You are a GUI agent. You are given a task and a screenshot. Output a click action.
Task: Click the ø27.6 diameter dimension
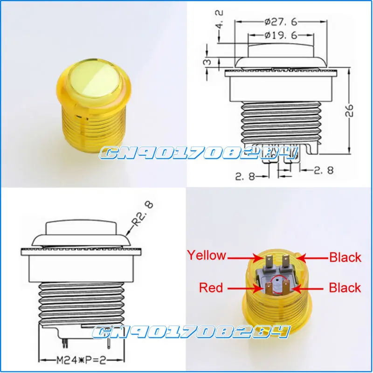click(281, 22)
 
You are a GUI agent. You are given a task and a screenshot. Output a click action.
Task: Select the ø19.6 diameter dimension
click(281, 35)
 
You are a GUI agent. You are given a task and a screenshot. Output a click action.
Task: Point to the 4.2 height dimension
click(220, 19)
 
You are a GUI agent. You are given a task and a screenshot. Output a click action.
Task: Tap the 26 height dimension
click(349, 111)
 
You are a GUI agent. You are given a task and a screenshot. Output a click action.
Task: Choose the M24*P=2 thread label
click(81, 360)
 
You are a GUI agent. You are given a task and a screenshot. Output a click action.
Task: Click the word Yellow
click(207, 255)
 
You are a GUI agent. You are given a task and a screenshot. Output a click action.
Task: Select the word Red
click(211, 287)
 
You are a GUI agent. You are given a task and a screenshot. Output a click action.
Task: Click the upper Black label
click(345, 257)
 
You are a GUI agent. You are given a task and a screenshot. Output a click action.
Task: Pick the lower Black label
click(345, 288)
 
